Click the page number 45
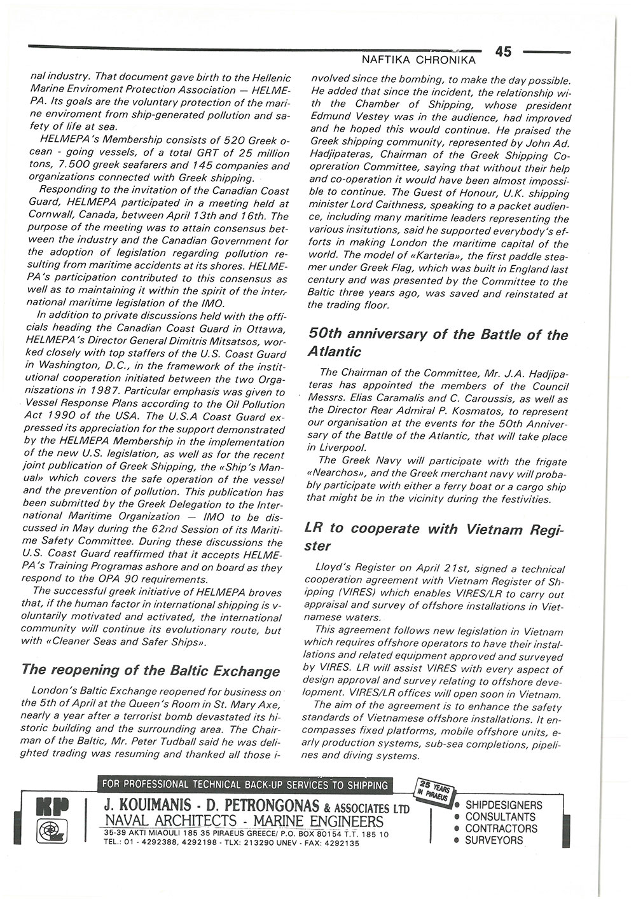tap(502, 52)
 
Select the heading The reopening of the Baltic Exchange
tap(151, 671)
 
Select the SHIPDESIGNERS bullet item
tap(504, 806)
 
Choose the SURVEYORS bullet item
tap(494, 840)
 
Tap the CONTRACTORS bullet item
tap(501, 828)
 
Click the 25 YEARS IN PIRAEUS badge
tap(433, 790)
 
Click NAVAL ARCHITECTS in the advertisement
tap(165, 821)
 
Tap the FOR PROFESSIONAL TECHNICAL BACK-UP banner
tap(244, 785)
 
